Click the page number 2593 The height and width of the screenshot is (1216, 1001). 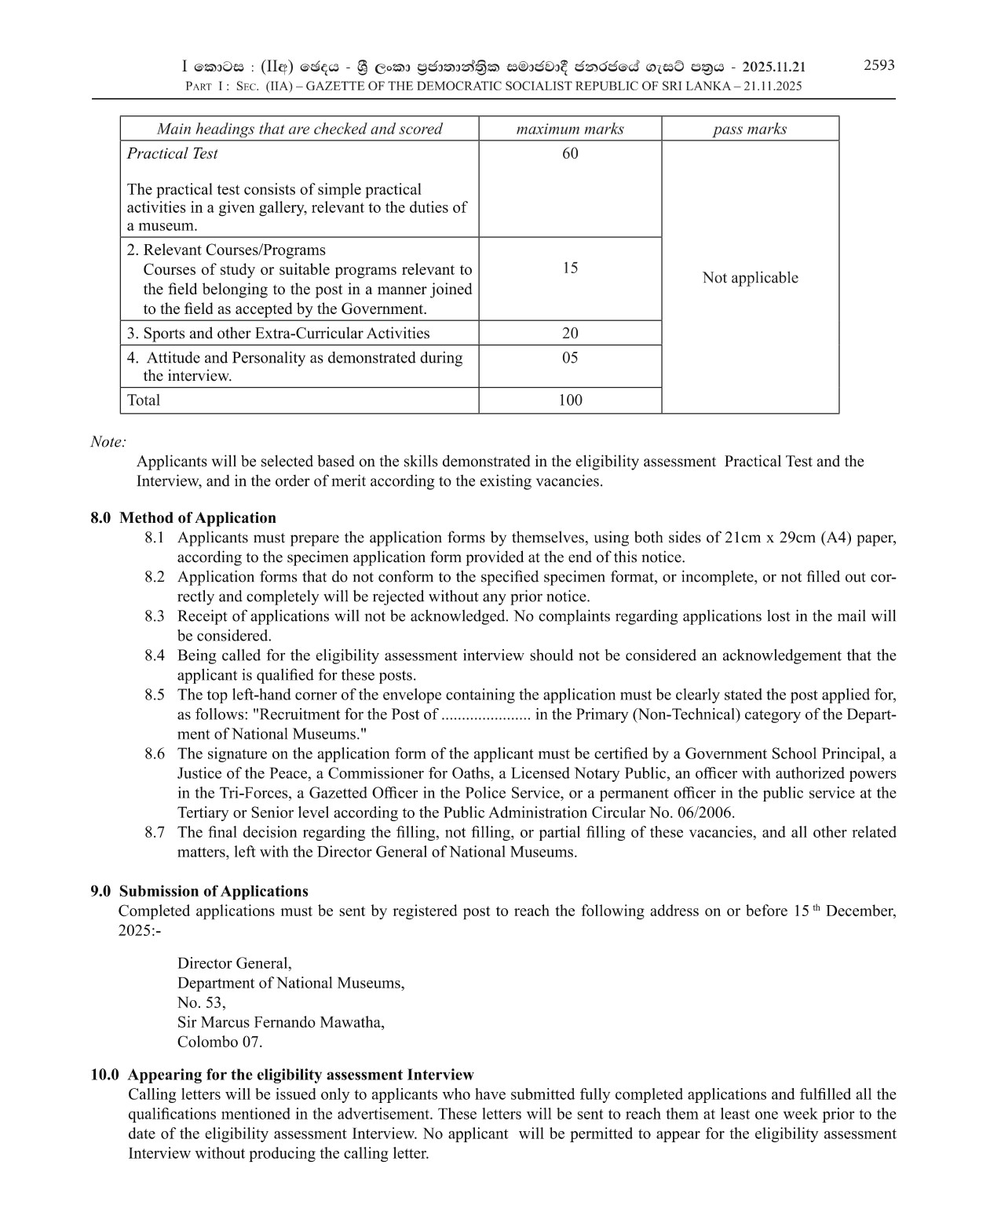(x=879, y=65)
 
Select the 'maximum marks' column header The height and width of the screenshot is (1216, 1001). (x=570, y=129)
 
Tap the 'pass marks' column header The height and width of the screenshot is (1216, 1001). (x=750, y=129)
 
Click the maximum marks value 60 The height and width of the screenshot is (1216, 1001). (x=570, y=153)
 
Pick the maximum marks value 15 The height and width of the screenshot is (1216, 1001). (x=570, y=268)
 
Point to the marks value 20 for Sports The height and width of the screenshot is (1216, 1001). (x=570, y=333)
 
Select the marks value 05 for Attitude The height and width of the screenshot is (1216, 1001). (x=570, y=357)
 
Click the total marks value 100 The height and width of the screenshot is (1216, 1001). (x=570, y=400)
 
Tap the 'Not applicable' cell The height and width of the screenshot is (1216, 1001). (x=750, y=277)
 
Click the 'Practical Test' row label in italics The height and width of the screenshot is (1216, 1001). (x=173, y=153)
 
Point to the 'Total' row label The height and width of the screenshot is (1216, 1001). (x=144, y=400)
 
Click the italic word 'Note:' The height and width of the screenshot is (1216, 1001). (x=108, y=441)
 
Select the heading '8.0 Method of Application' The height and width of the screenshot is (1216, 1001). (x=184, y=517)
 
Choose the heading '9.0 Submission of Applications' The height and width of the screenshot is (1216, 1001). (x=199, y=891)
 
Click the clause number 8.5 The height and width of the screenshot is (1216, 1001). (x=155, y=695)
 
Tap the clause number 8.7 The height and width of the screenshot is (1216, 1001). (x=155, y=832)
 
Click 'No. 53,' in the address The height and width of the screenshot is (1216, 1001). (x=201, y=1002)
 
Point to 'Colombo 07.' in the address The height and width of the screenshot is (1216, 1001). (x=220, y=1042)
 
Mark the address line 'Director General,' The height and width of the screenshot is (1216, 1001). (x=235, y=963)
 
